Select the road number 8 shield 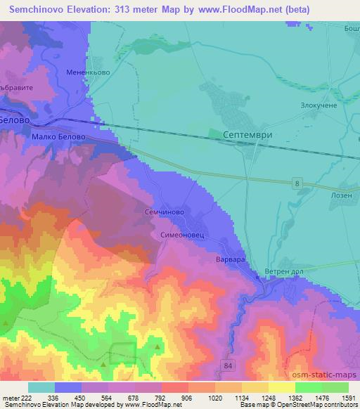click(298, 183)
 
